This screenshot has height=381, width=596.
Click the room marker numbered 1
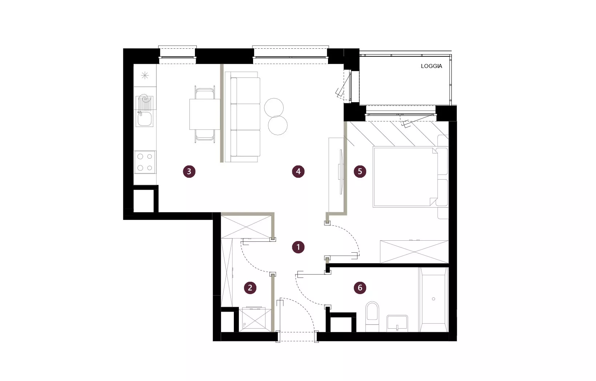point(298,247)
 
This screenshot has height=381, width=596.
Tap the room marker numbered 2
point(250,288)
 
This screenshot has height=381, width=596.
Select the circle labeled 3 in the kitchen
point(189,171)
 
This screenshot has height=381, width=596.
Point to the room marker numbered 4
point(298,171)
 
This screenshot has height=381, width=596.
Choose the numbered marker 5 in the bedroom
point(360,171)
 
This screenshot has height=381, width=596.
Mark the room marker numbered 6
point(360,288)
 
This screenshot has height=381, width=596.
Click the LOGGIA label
point(431,66)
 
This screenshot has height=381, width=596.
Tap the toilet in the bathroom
point(372,316)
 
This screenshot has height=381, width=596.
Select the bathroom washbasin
point(397,323)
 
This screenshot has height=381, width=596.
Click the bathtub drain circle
point(433,299)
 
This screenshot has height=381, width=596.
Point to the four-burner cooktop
point(145,162)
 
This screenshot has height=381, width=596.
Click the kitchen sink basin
point(144,119)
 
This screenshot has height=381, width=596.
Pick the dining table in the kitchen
point(205,114)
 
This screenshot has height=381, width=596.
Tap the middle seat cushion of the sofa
point(245,117)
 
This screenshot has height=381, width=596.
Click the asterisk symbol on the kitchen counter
point(145,76)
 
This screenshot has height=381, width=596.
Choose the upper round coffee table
point(274,108)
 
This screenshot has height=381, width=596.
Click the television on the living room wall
point(340,172)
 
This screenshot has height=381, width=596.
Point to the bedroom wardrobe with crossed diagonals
point(414,252)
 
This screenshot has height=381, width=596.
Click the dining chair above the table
point(205,92)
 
